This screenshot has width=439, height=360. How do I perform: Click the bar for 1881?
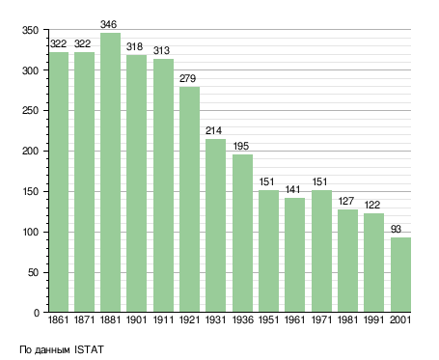click(110, 172)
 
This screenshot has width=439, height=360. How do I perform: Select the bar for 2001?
click(400, 274)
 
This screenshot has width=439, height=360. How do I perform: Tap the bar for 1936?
click(242, 233)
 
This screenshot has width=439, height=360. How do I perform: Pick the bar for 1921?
click(189, 199)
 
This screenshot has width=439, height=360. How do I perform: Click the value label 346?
click(108, 24)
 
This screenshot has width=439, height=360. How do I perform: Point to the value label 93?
click(396, 229)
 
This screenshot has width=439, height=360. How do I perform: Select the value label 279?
click(187, 78)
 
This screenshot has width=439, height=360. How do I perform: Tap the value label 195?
click(241, 146)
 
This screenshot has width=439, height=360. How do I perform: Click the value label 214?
click(213, 130)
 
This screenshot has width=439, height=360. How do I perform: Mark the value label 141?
click(292, 189)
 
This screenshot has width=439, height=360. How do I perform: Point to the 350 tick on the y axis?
click(30, 30)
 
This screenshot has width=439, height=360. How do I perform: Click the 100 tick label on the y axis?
click(31, 232)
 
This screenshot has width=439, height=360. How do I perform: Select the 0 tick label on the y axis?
click(37, 313)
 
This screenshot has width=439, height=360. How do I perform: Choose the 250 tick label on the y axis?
click(30, 111)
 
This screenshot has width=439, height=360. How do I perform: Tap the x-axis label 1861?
click(58, 319)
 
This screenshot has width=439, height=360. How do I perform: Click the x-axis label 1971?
click(321, 319)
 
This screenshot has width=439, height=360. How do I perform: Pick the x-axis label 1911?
click(163, 319)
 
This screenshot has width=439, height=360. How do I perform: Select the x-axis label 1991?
click(373, 319)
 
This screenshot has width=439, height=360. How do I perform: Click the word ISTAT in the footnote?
click(89, 349)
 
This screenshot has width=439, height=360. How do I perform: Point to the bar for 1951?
click(268, 251)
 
